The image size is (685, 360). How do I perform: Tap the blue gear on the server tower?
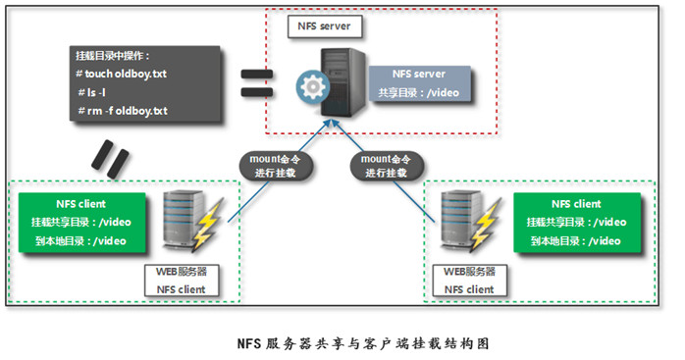(312, 87)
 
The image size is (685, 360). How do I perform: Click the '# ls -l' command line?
(97, 91)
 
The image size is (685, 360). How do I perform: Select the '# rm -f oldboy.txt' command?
(124, 110)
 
